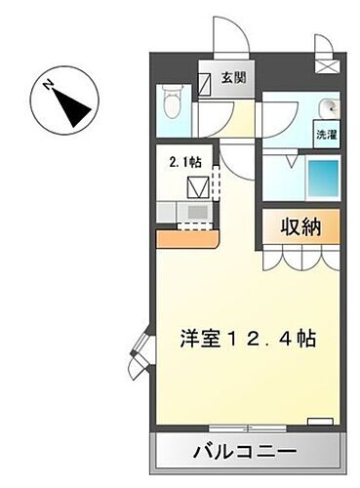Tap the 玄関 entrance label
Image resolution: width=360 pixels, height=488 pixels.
[234, 79]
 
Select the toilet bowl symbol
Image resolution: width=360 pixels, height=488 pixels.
[174, 100]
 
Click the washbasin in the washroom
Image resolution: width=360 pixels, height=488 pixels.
[330, 107]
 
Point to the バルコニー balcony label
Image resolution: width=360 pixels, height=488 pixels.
[249, 452]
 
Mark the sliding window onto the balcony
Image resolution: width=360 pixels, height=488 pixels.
[249, 427]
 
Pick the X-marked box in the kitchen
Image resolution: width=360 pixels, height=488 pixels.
[199, 183]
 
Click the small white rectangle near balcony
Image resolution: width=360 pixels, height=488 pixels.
[319, 422]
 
